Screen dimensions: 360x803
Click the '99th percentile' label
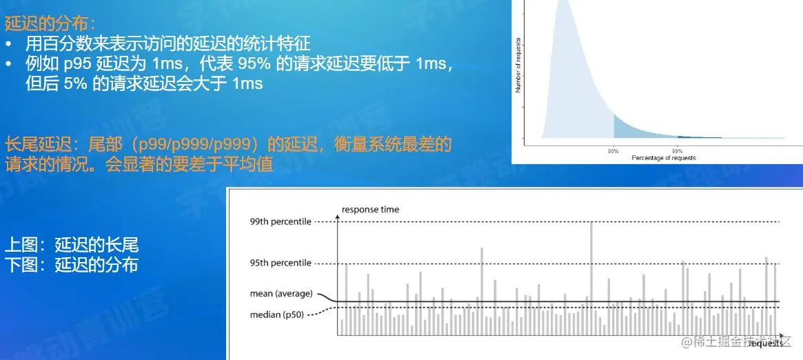281,221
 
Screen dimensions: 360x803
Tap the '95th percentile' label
281,263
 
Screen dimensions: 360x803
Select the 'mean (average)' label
281,294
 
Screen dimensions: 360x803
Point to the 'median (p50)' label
276,315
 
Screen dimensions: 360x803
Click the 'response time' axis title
370,210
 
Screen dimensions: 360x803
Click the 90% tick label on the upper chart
613,150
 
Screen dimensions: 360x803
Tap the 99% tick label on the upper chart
678,150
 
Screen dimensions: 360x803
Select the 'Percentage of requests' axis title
663,158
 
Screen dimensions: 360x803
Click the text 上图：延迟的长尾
72,245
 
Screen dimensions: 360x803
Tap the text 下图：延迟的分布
72,264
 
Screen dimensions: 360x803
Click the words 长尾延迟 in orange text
34,145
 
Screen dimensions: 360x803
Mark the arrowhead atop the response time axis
337,217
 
